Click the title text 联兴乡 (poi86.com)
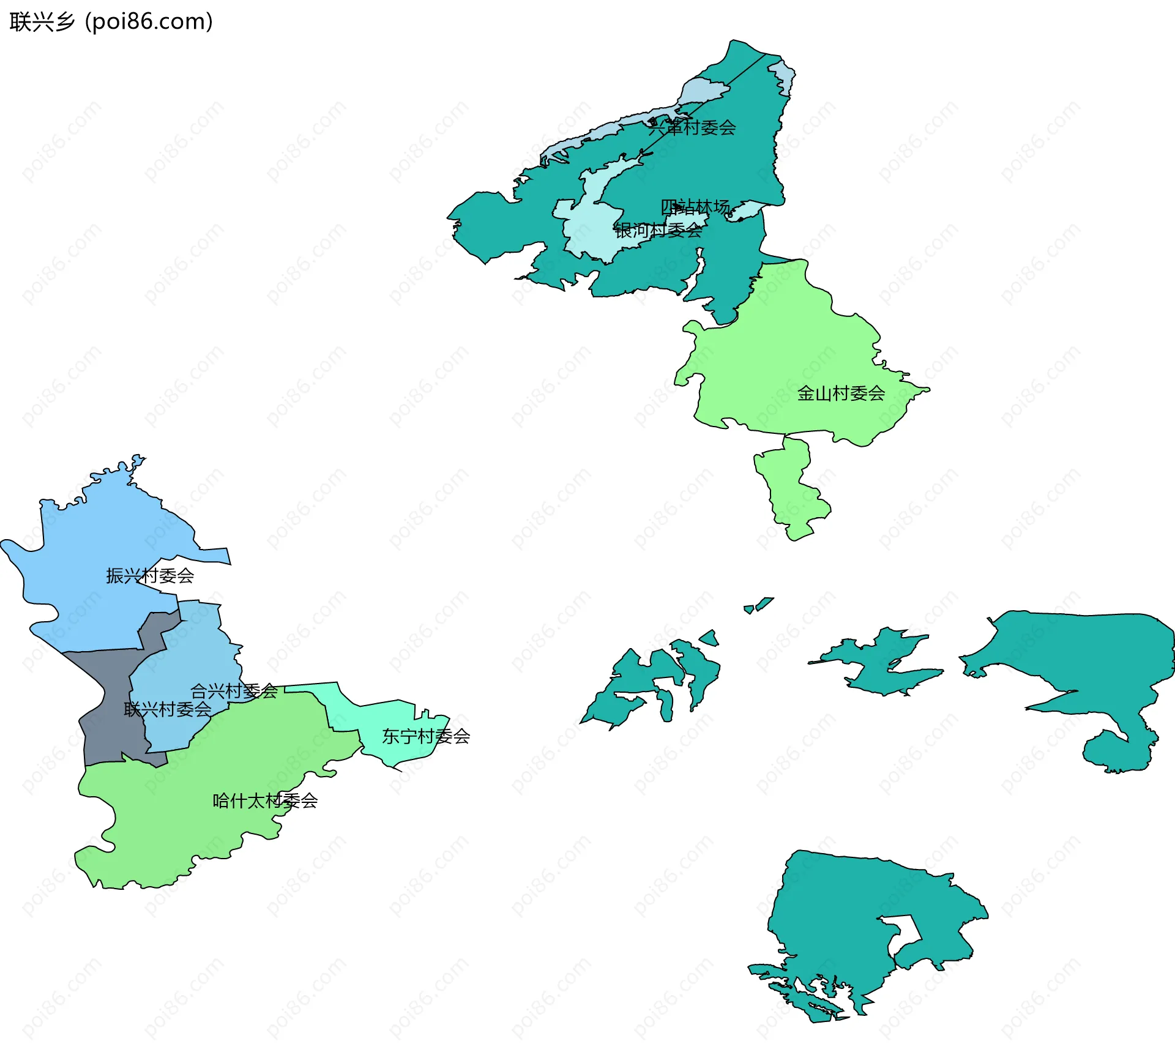click(111, 21)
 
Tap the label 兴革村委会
click(692, 127)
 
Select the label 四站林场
click(695, 207)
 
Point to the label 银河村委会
click(658, 231)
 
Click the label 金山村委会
click(841, 393)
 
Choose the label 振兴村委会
click(150, 575)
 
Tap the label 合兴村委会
click(234, 691)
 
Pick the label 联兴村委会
click(167, 709)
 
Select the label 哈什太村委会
click(265, 800)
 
